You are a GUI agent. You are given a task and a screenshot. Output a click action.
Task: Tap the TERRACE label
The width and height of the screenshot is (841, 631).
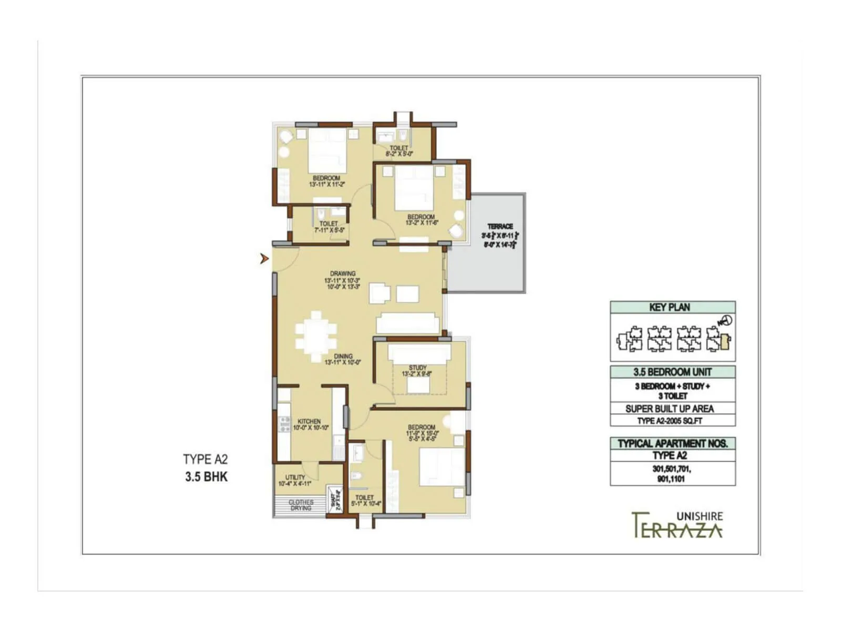click(500, 226)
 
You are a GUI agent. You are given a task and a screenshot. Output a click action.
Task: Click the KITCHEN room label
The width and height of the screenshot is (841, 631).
click(309, 421)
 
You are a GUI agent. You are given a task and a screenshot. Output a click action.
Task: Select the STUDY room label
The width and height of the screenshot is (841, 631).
click(417, 368)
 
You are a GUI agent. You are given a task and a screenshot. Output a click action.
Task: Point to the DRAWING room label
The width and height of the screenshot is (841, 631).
click(343, 273)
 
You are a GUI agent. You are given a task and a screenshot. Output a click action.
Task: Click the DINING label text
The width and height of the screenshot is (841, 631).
click(343, 356)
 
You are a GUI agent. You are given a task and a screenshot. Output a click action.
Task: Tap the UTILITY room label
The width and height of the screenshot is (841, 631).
click(295, 477)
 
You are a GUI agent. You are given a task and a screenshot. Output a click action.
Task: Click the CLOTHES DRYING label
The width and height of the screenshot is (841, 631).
click(301, 505)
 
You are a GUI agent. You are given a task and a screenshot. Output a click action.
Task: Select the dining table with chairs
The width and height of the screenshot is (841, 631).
click(316, 337)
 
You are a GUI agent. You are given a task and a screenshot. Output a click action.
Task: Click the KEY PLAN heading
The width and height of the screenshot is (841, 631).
click(670, 307)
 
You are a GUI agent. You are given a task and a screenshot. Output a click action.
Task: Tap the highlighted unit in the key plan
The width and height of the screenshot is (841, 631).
click(725, 342)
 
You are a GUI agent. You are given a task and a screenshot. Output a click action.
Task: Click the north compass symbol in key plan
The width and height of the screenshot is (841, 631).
click(725, 320)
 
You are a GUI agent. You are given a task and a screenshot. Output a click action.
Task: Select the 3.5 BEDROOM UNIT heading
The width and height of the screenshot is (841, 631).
click(672, 372)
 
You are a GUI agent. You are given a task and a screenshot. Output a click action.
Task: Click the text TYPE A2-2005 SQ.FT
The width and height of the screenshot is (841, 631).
click(670, 421)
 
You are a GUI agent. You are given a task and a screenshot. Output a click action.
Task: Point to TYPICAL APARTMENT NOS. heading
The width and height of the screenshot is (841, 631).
click(672, 443)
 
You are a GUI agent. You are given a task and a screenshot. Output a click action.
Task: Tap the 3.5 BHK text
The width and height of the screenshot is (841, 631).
click(206, 477)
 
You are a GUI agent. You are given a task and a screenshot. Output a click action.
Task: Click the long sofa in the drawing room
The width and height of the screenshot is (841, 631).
click(407, 322)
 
